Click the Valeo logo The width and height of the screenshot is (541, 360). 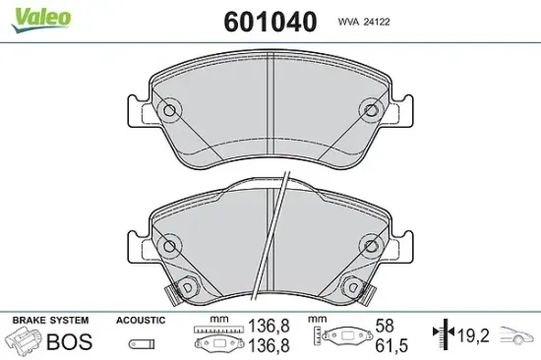click(40, 20)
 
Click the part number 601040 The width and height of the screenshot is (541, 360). click(270, 22)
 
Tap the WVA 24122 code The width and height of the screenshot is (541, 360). click(364, 22)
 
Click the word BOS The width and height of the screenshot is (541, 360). click(70, 341)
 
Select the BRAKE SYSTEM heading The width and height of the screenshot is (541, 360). click(51, 321)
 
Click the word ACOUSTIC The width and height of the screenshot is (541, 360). click(141, 321)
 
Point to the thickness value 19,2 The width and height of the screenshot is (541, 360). click(473, 335)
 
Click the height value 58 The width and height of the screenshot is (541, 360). click(385, 326)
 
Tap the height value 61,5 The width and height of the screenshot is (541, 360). click(391, 345)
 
